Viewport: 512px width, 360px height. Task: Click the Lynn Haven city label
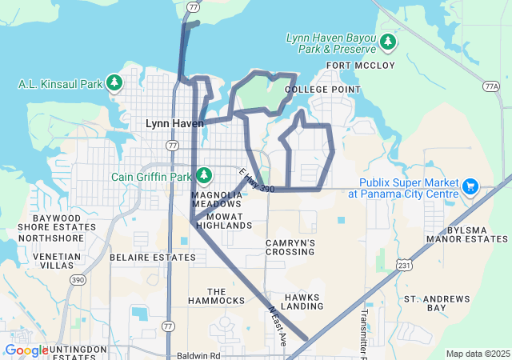click(174, 123)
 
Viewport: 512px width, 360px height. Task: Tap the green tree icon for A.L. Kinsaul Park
click(114, 82)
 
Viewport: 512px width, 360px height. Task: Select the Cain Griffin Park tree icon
click(204, 175)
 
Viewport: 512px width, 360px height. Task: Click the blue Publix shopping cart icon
click(470, 187)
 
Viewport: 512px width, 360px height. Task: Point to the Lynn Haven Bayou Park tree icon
click(388, 41)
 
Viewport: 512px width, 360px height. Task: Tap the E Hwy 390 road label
click(256, 179)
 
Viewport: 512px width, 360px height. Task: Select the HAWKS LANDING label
click(302, 302)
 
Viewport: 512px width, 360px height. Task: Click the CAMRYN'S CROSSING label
click(290, 247)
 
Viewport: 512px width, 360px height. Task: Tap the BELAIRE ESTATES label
click(144, 258)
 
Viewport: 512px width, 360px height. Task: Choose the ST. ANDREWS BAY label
click(437, 303)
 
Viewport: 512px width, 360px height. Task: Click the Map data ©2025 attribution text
click(477, 354)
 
